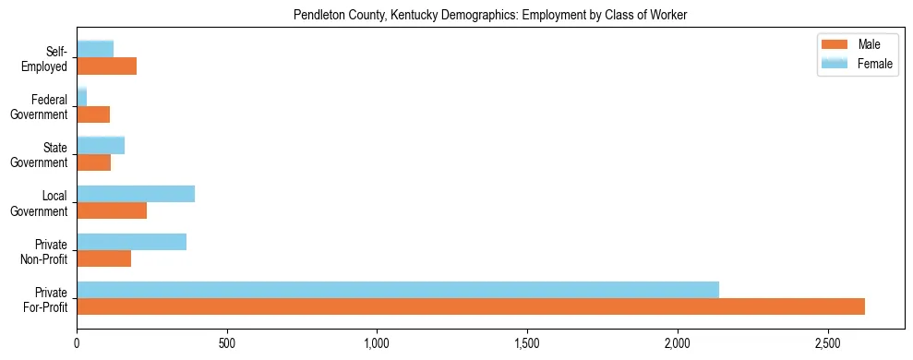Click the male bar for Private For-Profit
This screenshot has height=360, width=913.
(471, 306)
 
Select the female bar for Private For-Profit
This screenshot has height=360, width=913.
(398, 290)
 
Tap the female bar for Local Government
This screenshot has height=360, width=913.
(136, 194)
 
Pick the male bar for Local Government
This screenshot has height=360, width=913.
(112, 210)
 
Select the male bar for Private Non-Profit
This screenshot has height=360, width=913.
(104, 258)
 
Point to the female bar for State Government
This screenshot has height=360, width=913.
(101, 145)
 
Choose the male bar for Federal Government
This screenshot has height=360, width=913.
(93, 114)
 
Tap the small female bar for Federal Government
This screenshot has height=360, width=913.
(82, 97)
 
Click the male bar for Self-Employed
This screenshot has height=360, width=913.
(107, 66)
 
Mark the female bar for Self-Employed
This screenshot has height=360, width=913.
(95, 49)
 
